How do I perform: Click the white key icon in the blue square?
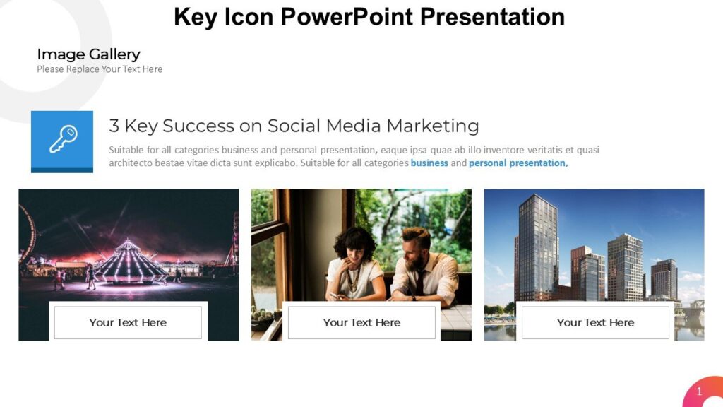pos(63,138)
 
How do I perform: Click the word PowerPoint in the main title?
pos(347,17)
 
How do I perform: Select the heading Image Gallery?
pos(88,54)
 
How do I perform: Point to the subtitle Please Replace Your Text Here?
pos(100,69)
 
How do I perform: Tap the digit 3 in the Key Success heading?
pos(114,126)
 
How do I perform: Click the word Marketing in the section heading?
pos(433,126)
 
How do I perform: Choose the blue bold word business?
pos(429,163)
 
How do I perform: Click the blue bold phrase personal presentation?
pos(517,163)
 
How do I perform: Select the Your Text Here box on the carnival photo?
pos(129,322)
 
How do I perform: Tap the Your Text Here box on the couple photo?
pos(361,322)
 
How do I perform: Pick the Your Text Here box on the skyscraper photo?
pos(595,322)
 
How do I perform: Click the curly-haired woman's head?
pos(355,244)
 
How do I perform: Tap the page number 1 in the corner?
pos(699,391)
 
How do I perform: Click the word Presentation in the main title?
pos(492,17)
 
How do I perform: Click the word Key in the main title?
pos(196,18)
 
